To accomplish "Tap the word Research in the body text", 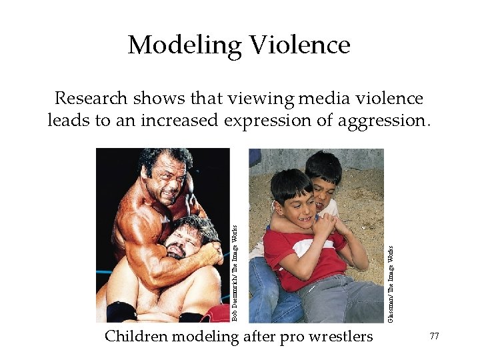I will click(x=91, y=99).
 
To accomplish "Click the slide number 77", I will click(x=434, y=337).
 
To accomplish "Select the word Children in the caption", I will click(x=136, y=336).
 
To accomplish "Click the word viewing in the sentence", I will click(x=260, y=99).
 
